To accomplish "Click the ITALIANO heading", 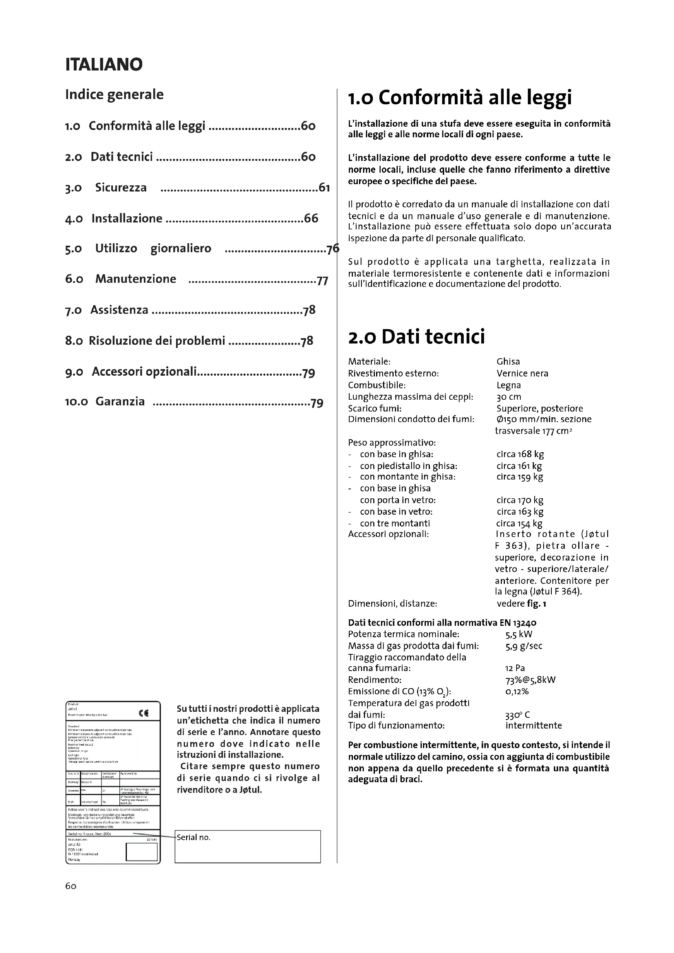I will click(104, 64).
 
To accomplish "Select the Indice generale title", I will click(114, 95).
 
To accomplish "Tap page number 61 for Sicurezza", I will click(324, 188).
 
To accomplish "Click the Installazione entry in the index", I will click(127, 218).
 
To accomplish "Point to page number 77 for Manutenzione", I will click(322, 281).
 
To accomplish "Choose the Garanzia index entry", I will click(120, 401).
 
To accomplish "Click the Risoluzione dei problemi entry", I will click(157, 341).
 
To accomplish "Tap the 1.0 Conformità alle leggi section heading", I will click(459, 97).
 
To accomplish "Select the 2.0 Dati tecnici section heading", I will click(416, 336).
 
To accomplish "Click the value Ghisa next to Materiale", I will click(508, 361).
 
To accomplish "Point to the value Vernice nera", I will click(522, 373).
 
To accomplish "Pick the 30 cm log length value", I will click(509, 396).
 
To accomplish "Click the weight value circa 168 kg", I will click(520, 454).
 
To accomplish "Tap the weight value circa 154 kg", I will click(519, 524).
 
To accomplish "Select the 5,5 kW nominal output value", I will click(518, 634).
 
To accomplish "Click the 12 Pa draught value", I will click(515, 668).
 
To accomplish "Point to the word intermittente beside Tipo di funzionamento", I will click(533, 726).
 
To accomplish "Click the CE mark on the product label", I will click(143, 713).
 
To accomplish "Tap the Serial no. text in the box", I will click(194, 838).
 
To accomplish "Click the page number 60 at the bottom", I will click(70, 886).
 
